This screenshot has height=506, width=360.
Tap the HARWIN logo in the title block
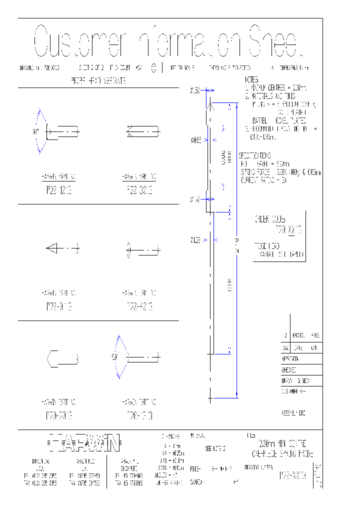[x=85, y=442]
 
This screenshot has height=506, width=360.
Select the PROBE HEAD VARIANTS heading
[x=98, y=80]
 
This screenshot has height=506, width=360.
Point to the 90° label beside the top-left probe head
[x=35, y=132]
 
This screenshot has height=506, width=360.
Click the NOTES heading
[x=251, y=80]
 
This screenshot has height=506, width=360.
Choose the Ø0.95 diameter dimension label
[x=195, y=140]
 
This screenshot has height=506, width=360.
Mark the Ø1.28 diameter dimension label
[x=195, y=240]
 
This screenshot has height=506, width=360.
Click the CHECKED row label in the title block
[x=289, y=370]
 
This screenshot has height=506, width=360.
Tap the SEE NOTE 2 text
[x=216, y=448]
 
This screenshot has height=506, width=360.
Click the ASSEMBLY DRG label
[x=293, y=413]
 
